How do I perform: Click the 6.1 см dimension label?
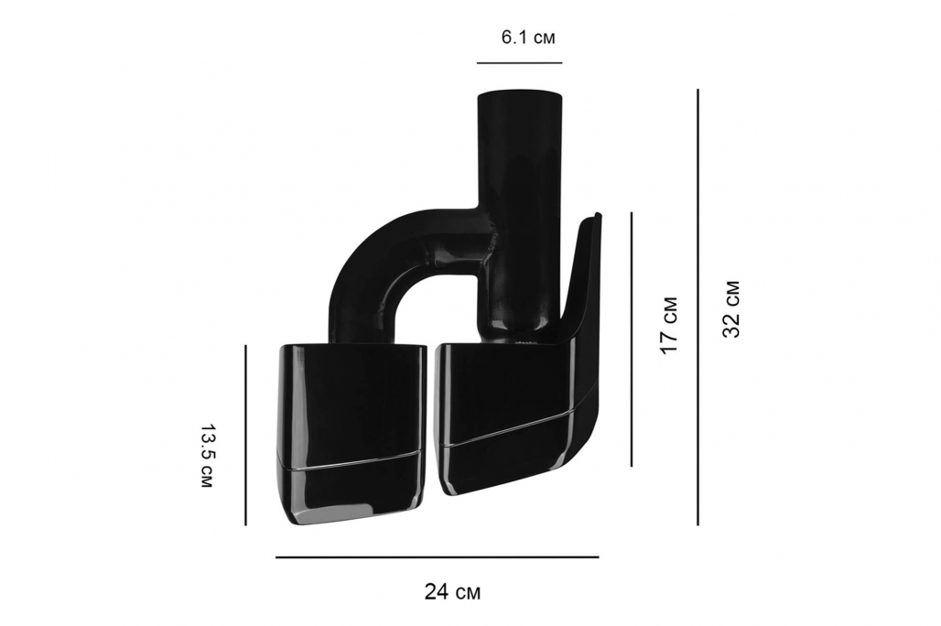[x=528, y=38]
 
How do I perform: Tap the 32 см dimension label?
[x=731, y=309]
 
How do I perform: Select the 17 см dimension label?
[x=668, y=325]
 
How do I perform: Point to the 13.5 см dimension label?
[x=206, y=456]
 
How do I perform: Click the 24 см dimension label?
[x=452, y=592]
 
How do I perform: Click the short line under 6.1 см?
[x=520, y=62]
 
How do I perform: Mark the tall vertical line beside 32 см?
[x=698, y=308]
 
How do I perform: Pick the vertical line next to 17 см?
[x=632, y=340]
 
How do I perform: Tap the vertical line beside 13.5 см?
[x=245, y=435]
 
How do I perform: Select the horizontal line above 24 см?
[x=437, y=557]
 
